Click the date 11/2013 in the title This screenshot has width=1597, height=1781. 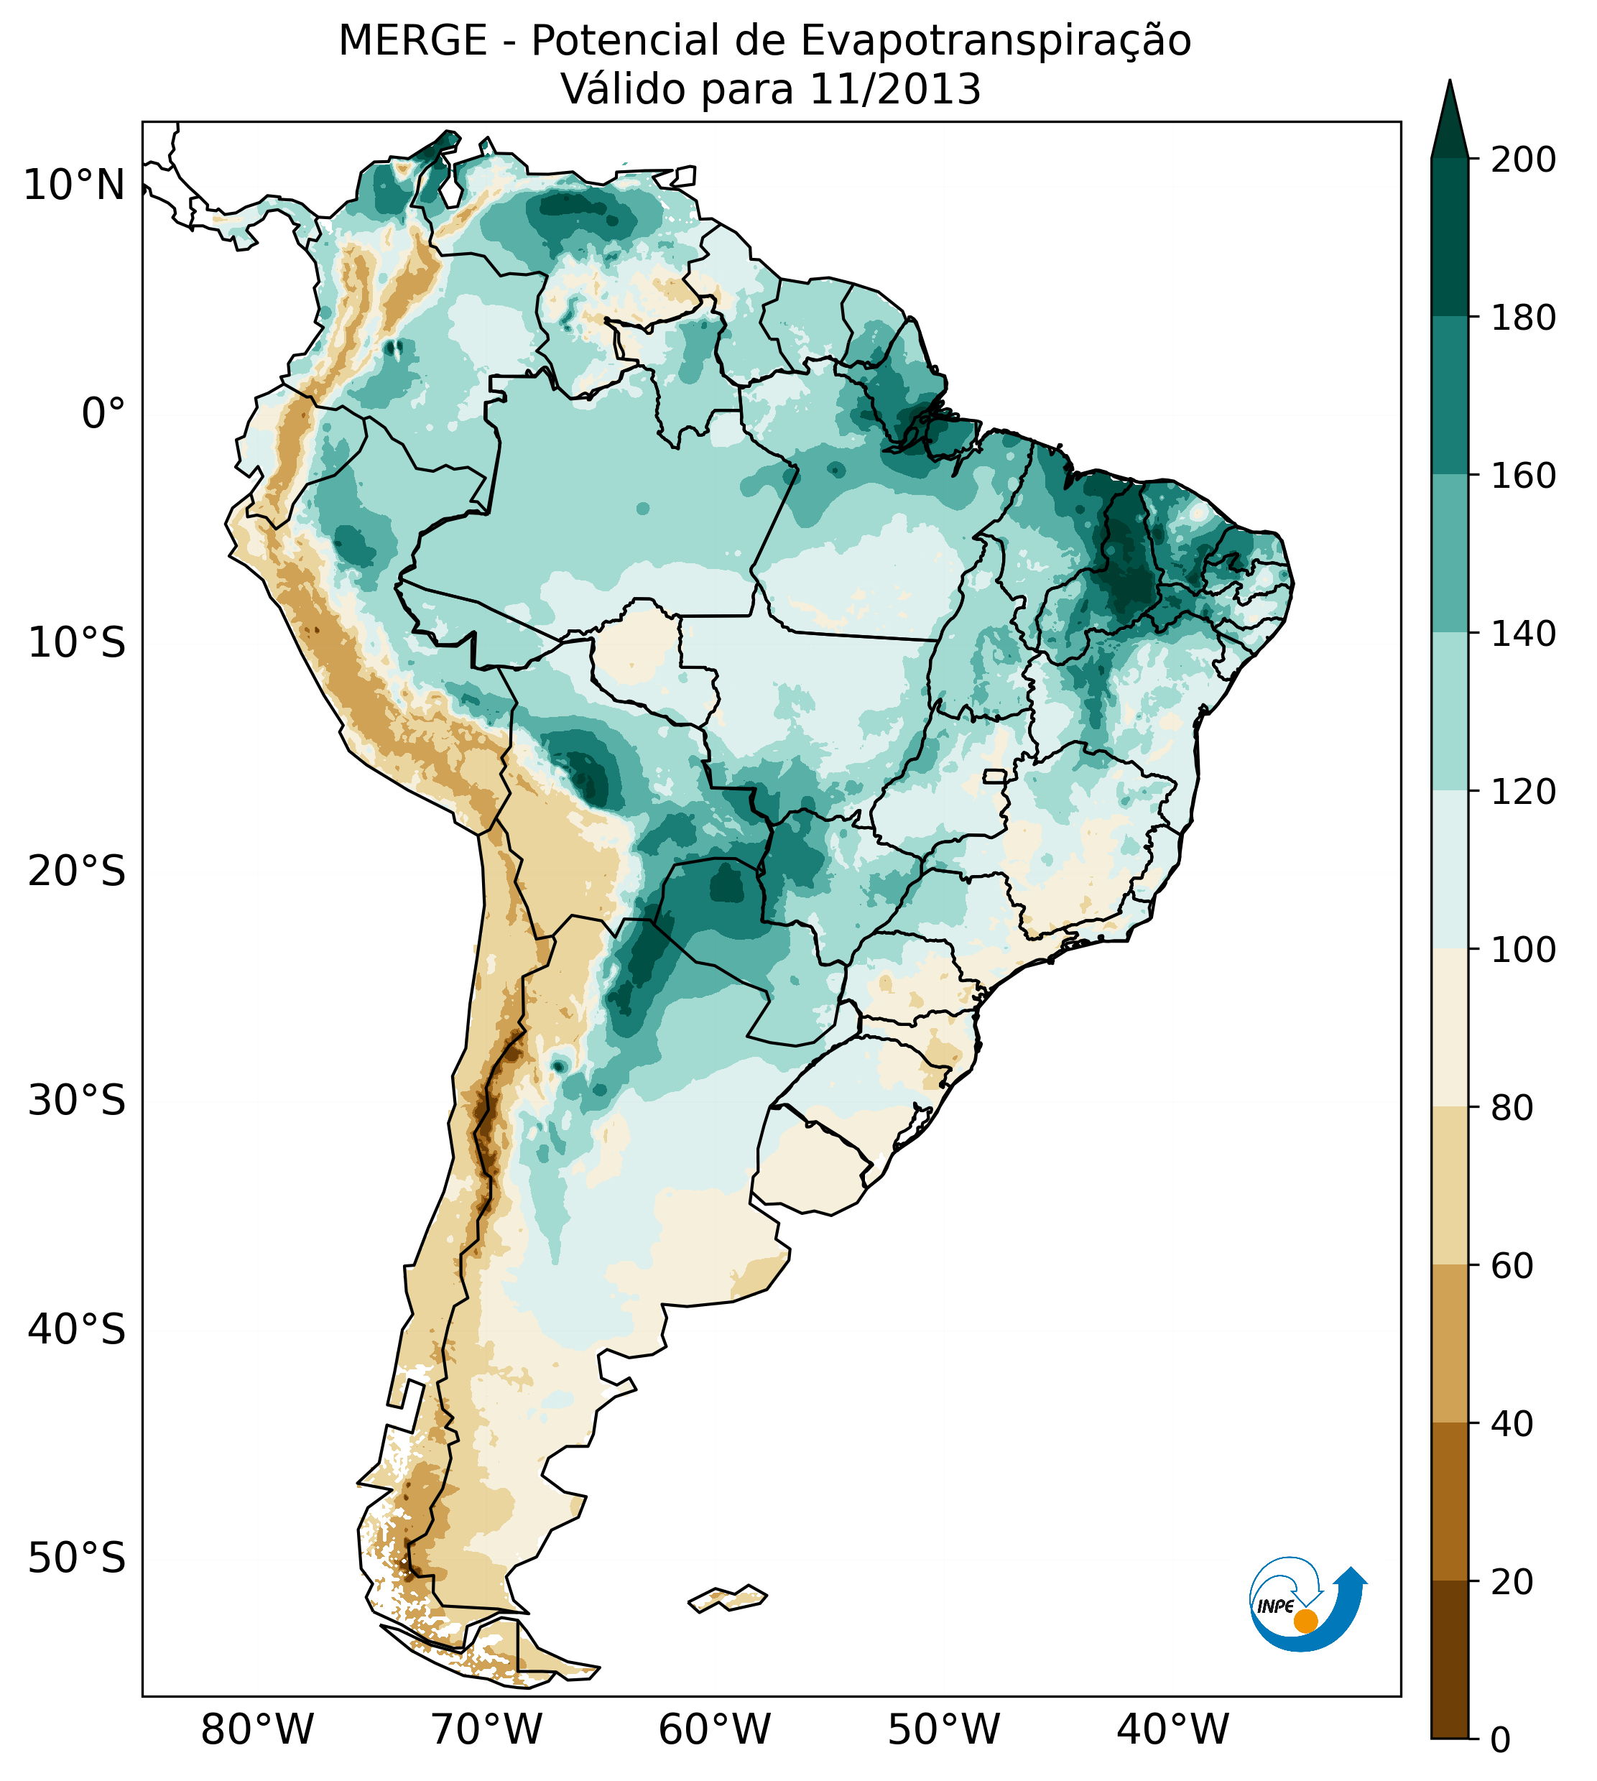[894, 90]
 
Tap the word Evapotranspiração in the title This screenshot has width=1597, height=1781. [995, 41]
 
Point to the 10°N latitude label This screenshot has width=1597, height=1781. [74, 186]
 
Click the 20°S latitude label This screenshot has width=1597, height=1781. [77, 872]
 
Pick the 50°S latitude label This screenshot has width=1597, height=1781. [77, 1559]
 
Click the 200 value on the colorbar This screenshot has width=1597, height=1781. [1523, 160]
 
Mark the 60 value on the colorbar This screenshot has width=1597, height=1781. [1512, 1266]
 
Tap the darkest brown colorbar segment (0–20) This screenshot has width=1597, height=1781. [1450, 1660]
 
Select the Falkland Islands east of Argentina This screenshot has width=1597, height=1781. [728, 1599]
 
